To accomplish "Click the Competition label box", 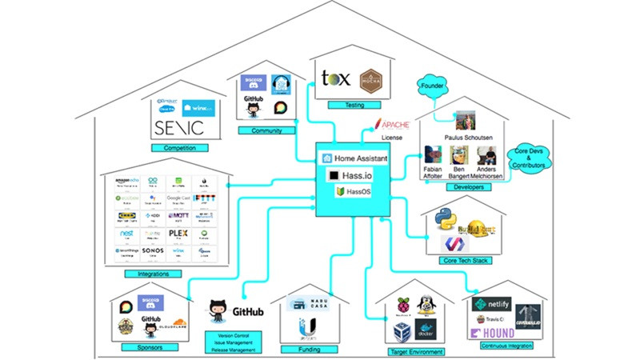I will [x=180, y=148].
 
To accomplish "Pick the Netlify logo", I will [x=491, y=305].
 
